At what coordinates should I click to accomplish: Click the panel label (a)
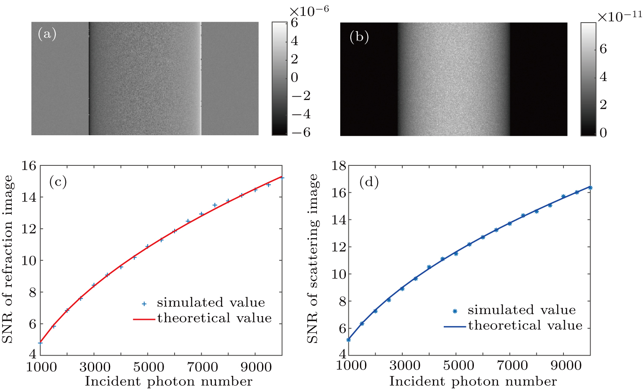click(x=47, y=33)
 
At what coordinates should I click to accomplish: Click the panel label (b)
click(x=359, y=37)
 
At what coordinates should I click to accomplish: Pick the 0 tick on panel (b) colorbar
click(x=603, y=133)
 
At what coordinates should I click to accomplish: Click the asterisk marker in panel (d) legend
click(x=455, y=311)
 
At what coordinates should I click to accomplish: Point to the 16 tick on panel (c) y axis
click(x=29, y=166)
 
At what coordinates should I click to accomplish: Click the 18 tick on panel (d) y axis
click(x=340, y=166)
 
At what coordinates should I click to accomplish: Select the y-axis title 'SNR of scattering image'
click(x=313, y=259)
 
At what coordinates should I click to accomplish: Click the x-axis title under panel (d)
click(x=473, y=381)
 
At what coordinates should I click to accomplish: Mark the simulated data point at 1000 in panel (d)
click(x=348, y=340)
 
